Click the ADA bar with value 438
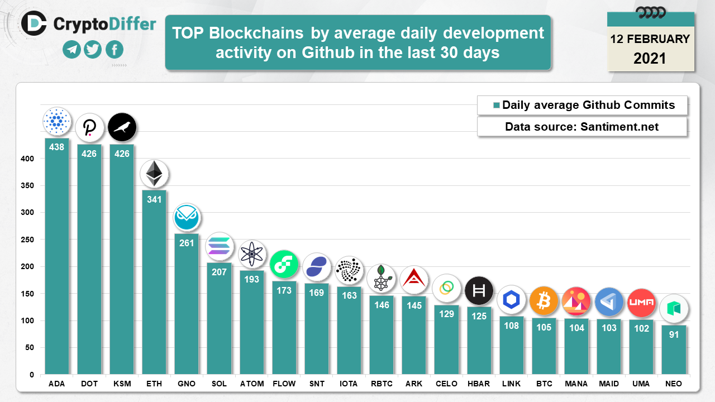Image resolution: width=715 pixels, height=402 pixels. (x=57, y=257)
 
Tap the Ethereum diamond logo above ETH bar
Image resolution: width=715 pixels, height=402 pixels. (x=154, y=174)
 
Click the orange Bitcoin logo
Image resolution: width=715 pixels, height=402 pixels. (x=544, y=301)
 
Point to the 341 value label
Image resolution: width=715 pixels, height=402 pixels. (x=154, y=199)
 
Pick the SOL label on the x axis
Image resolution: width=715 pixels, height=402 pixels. (x=219, y=384)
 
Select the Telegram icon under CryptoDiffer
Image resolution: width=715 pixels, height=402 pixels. (x=71, y=50)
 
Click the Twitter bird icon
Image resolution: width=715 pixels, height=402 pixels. (x=93, y=50)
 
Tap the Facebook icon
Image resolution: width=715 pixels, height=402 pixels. (x=114, y=50)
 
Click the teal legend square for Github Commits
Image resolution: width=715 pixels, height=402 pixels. (x=496, y=106)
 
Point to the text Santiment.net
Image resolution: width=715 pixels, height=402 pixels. (x=619, y=127)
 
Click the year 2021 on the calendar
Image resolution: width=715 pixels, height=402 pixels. (x=650, y=58)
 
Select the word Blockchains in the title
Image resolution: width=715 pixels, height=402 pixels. (x=256, y=33)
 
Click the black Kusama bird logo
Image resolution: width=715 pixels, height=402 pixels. (x=122, y=127)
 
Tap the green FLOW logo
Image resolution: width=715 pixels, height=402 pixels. (x=284, y=264)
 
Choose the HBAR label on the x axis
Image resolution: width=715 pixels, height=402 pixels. (x=479, y=384)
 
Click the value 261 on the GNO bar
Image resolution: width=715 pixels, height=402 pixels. (x=186, y=242)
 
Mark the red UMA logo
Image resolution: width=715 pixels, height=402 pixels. (x=641, y=303)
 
